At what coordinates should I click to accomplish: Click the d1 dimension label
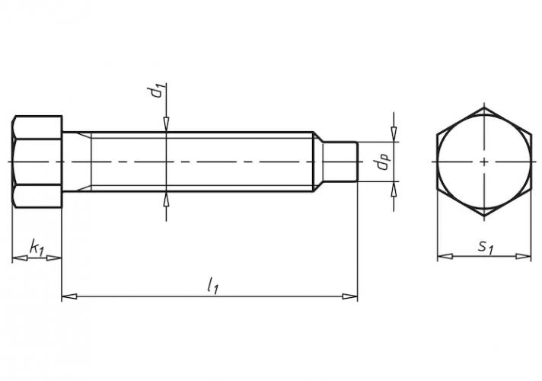(x=156, y=91)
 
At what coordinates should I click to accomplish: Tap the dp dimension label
(x=383, y=162)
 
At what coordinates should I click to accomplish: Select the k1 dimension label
(x=35, y=246)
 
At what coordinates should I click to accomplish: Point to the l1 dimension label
(x=213, y=286)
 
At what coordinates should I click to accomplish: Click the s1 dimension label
(x=483, y=245)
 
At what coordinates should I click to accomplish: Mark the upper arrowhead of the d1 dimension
(x=166, y=126)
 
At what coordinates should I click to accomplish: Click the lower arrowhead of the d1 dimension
(x=166, y=197)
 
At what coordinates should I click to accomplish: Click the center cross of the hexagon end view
(x=484, y=162)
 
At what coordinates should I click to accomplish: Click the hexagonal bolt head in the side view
(x=37, y=162)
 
